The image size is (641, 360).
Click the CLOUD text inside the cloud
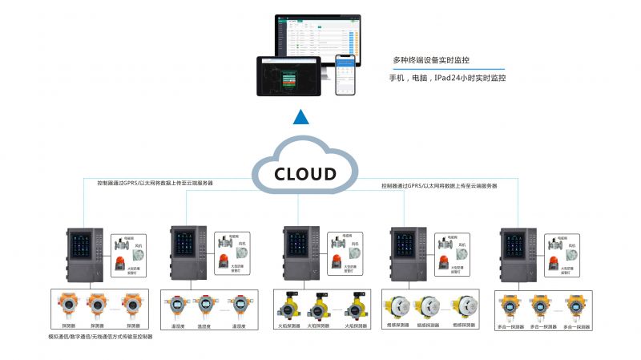pos(305,174)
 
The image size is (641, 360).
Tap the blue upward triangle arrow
pos(300,118)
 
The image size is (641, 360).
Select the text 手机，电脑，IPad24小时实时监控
pos(447,79)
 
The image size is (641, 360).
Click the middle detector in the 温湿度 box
pos(204,307)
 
